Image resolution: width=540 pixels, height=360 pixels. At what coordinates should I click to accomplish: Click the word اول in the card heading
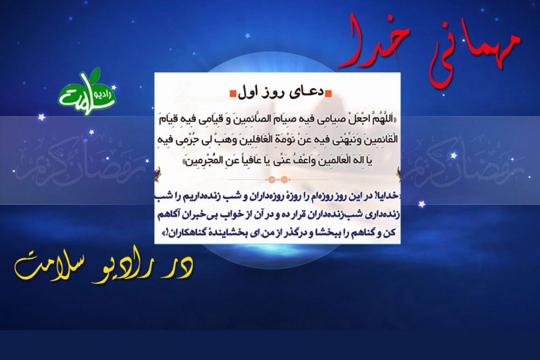[x=250, y=92]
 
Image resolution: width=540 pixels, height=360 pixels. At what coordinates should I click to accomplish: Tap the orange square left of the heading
[x=233, y=93]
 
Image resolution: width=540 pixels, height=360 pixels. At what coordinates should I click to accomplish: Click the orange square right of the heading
[x=328, y=93]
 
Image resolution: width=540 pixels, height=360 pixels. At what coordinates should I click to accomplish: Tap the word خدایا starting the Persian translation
[x=386, y=196]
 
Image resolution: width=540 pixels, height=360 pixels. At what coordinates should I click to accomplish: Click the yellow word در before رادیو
[x=182, y=266]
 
